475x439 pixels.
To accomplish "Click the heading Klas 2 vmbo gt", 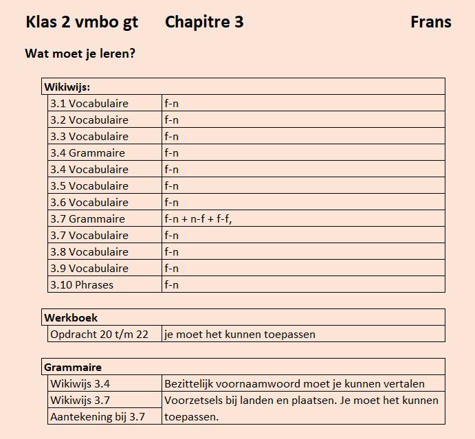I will coord(82,22).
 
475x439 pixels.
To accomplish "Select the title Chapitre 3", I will coord(204,22).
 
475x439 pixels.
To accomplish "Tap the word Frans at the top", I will coord(430,22).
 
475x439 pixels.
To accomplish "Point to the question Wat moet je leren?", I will coord(79,53).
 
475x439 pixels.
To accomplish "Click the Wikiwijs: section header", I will coord(67,87).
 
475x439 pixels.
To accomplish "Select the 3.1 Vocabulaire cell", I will coord(89,103).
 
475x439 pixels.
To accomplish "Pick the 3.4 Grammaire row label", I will coord(87,153).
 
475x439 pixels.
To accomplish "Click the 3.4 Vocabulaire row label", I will coord(89,169).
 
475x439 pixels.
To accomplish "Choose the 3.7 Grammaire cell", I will coord(87,218).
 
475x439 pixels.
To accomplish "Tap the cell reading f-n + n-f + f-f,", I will coord(203,218).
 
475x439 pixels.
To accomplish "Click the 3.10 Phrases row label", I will coord(81,284).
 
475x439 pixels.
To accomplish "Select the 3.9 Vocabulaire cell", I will coord(89,268).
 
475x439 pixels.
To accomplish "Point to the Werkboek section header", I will coord(71,317).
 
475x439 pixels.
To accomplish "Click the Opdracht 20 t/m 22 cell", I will coord(98,335).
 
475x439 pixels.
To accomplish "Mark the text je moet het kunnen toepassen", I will coord(239,335).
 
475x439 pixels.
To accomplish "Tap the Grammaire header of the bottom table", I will coord(73,367).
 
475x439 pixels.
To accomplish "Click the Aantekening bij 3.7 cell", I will coord(97,416).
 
